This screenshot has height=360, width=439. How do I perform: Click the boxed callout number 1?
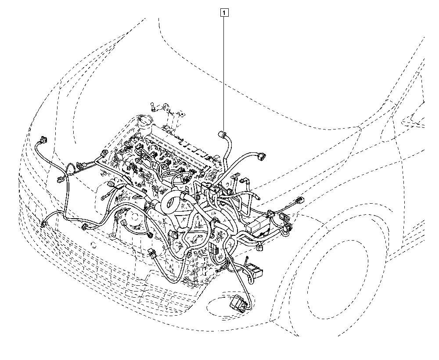coord(224,13)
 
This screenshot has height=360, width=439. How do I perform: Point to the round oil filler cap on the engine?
coord(145,121)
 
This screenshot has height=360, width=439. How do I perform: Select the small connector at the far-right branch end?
coord(299,201)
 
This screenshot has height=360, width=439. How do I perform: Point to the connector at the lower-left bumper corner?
coord(43,224)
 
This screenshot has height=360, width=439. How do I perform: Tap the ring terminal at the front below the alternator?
coord(113,237)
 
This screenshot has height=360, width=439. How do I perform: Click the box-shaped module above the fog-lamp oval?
coord(255,270)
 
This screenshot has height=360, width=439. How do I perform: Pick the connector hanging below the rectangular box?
coord(260,247)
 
